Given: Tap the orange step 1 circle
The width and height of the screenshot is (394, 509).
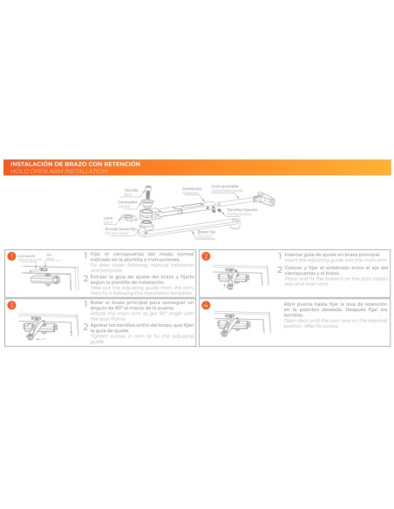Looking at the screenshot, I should [x=11, y=256].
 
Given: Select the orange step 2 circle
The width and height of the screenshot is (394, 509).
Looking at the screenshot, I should [x=206, y=256].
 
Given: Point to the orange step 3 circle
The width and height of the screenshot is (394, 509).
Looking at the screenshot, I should [x=11, y=306].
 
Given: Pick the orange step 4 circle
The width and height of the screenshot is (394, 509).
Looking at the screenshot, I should [x=206, y=306].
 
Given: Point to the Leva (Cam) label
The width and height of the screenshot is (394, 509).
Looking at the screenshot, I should [x=108, y=219].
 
